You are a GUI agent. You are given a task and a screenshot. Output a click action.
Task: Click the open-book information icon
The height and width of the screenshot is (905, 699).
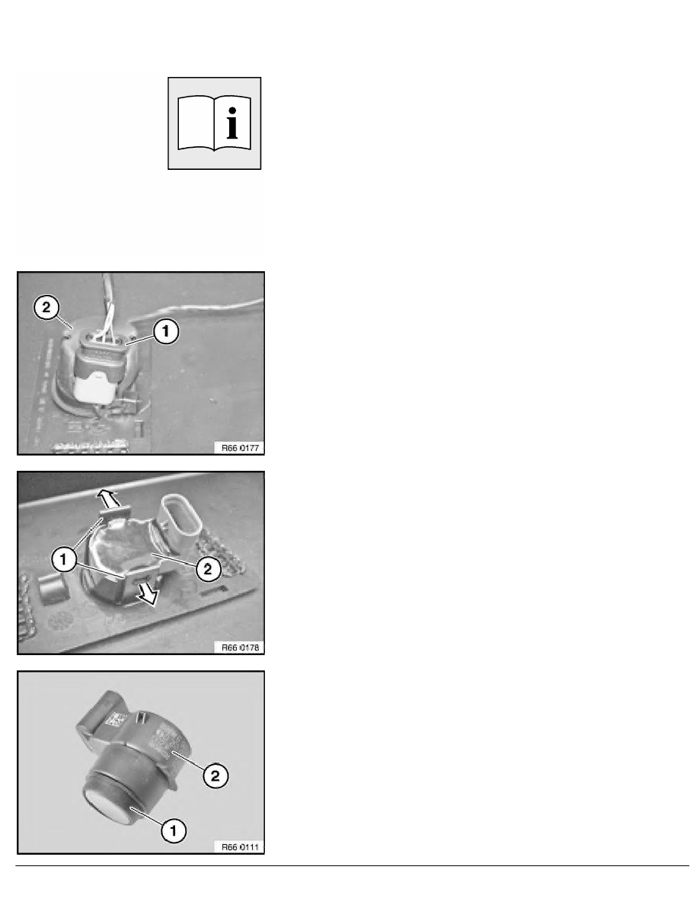pyautogui.click(x=215, y=123)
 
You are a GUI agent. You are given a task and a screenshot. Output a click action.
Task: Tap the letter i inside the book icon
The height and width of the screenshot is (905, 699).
pyautogui.click(x=231, y=123)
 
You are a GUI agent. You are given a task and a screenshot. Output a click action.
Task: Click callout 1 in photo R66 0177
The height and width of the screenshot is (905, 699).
pyautogui.click(x=166, y=331)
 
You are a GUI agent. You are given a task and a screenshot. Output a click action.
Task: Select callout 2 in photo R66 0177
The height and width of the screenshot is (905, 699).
pyautogui.click(x=46, y=306)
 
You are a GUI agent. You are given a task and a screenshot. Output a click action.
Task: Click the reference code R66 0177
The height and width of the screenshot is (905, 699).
pyautogui.click(x=240, y=447)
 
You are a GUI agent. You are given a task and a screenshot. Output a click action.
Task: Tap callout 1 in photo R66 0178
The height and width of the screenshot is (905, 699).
pyautogui.click(x=63, y=558)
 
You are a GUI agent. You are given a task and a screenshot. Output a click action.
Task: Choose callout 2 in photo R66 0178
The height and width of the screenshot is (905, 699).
pyautogui.click(x=208, y=569)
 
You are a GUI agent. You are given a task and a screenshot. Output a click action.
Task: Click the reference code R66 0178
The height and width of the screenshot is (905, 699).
pyautogui.click(x=240, y=647)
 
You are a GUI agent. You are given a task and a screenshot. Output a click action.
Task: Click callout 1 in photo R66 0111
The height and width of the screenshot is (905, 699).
pyautogui.click(x=174, y=831)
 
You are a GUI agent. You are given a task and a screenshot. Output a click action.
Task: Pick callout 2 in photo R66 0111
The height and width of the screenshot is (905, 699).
pyautogui.click(x=215, y=775)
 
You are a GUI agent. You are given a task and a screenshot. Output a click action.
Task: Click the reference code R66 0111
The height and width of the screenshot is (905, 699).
pyautogui.click(x=240, y=846)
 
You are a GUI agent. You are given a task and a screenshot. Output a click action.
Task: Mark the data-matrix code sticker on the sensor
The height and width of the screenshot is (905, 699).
pyautogui.click(x=117, y=721)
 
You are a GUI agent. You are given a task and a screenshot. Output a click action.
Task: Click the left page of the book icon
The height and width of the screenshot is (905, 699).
pyautogui.click(x=196, y=123)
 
